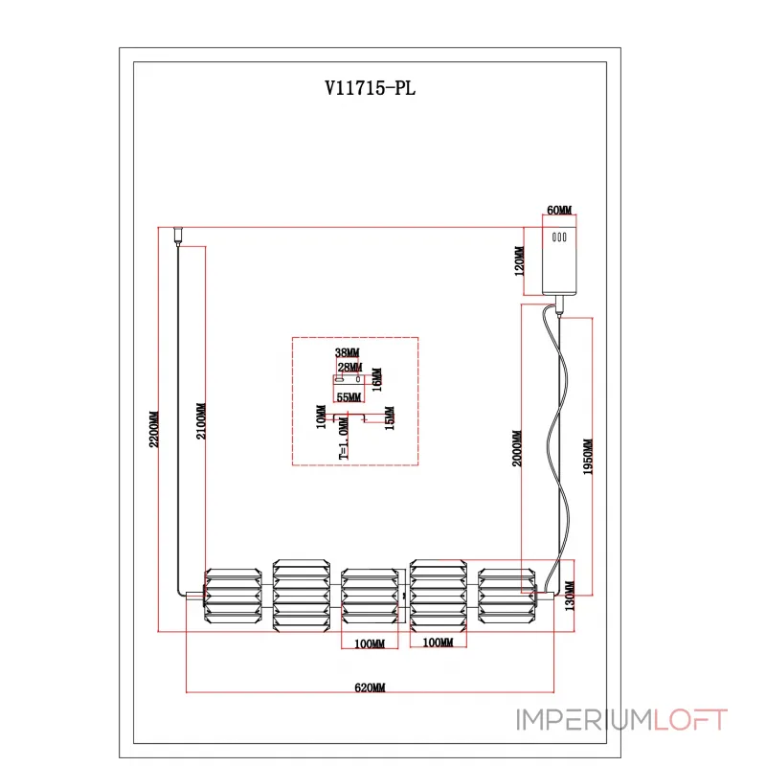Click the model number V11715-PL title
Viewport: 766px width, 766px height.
pyautogui.click(x=370, y=89)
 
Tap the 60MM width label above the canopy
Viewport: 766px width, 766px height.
pyautogui.click(x=558, y=210)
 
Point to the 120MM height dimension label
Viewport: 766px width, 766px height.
pyautogui.click(x=520, y=261)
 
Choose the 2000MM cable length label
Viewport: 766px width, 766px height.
pyautogui.click(x=518, y=447)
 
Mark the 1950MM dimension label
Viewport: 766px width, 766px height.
pyautogui.click(x=588, y=458)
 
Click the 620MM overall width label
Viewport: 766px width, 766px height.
pyautogui.click(x=370, y=688)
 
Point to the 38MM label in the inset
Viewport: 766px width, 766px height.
pyautogui.click(x=347, y=353)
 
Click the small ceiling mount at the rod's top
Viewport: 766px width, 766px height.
pyautogui.click(x=177, y=234)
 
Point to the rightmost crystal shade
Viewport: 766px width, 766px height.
pyautogui.click(x=505, y=598)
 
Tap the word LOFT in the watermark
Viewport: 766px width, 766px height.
pyautogui.click(x=690, y=720)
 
